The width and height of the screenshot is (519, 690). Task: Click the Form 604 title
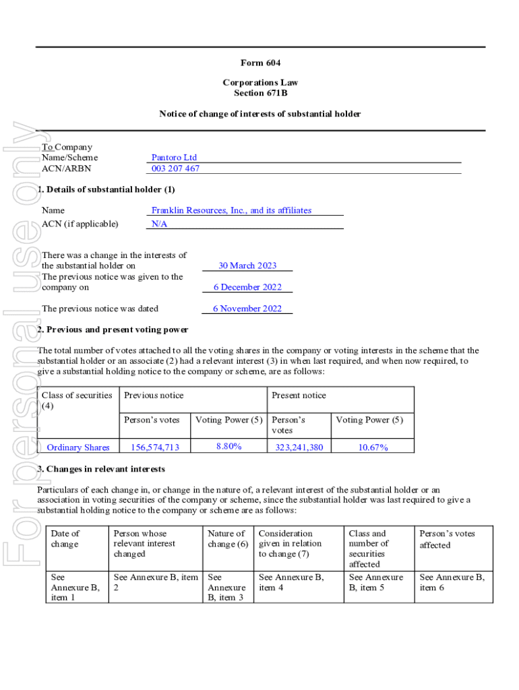click(260, 63)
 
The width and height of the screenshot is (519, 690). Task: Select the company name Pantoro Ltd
click(174, 158)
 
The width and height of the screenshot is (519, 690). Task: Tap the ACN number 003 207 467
click(175, 168)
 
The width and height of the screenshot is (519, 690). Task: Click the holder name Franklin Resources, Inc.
click(231, 210)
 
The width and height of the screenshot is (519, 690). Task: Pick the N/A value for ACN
click(159, 224)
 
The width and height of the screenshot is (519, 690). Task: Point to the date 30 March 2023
click(247, 265)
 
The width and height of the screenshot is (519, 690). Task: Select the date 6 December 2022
click(247, 287)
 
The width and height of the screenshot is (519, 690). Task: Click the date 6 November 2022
click(247, 309)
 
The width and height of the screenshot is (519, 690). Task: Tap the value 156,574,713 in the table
click(154, 447)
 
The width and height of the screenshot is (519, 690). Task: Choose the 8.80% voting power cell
click(229, 446)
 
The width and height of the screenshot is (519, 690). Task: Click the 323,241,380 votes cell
click(299, 447)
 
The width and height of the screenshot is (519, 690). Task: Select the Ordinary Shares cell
click(78, 447)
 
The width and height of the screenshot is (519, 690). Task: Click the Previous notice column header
click(154, 396)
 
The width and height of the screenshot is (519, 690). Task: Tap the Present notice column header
click(299, 396)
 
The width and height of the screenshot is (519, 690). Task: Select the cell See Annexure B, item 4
click(291, 582)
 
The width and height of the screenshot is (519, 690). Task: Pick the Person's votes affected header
click(447, 539)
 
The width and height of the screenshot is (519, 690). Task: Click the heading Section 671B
click(260, 93)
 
